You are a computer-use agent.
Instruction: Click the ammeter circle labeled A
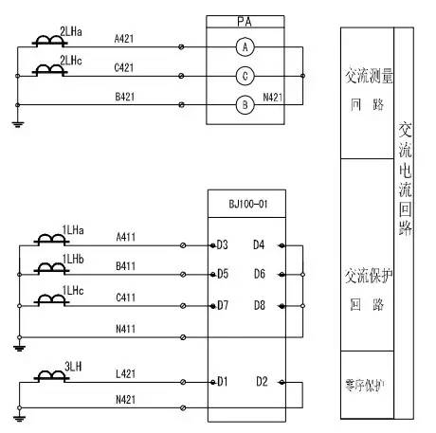(245, 46)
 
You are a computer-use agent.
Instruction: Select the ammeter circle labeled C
(245, 76)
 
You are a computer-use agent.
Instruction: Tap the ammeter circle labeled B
(245, 105)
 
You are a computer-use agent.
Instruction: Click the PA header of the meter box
(245, 20)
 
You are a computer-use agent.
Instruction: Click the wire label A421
(125, 41)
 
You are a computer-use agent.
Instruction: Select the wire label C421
(125, 69)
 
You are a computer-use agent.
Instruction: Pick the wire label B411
(125, 268)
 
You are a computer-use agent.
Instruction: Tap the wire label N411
(125, 329)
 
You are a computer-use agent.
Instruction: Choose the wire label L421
(125, 376)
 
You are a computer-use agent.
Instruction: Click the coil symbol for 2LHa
(45, 43)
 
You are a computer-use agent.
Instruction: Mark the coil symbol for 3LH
(45, 378)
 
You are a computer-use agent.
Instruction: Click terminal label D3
(223, 245)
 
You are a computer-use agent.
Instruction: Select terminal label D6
(259, 275)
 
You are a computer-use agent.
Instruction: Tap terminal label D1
(223, 382)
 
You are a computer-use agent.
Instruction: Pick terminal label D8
(259, 305)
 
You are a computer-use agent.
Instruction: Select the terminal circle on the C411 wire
(183, 306)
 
